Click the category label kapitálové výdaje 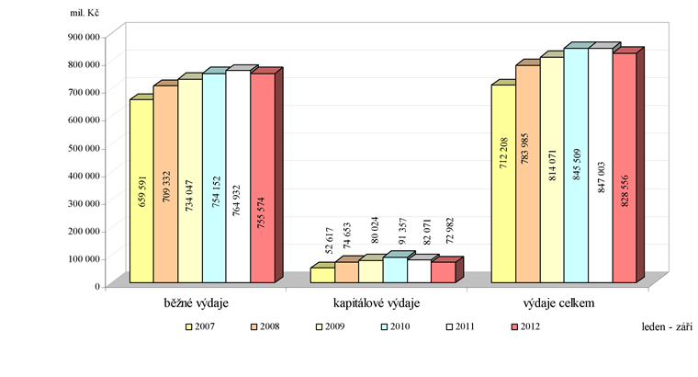[376, 303]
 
